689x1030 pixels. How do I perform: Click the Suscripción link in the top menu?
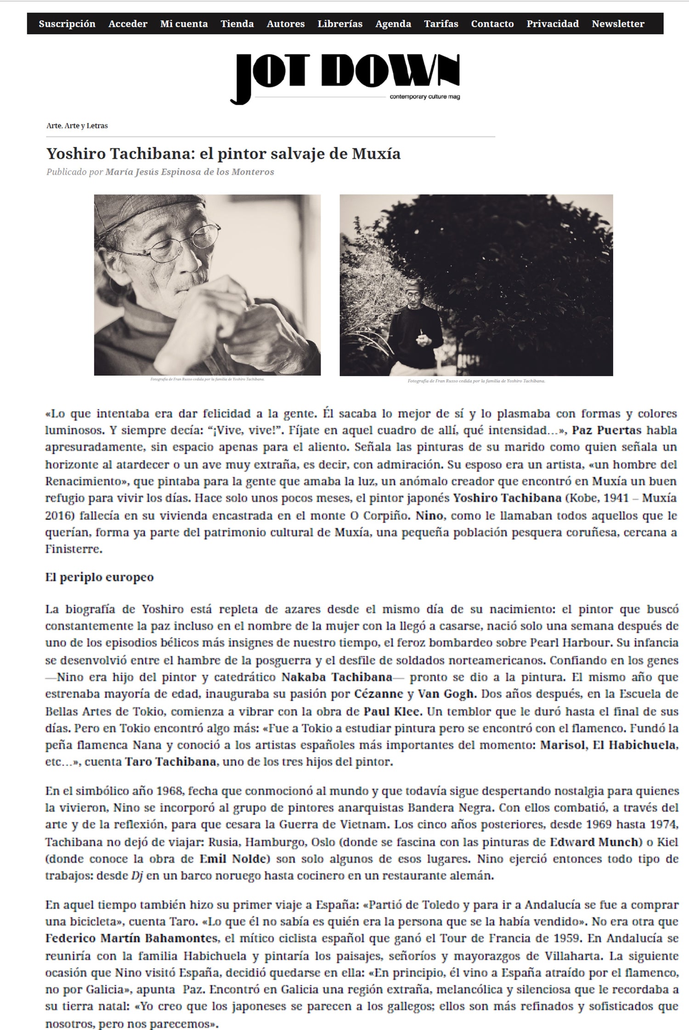[67, 24]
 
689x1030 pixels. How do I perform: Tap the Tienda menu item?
[237, 24]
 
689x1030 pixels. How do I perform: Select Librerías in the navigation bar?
[340, 24]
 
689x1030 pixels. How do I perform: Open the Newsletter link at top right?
[618, 24]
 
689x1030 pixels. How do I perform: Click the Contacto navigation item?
[492, 24]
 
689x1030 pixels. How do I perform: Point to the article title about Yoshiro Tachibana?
[223, 154]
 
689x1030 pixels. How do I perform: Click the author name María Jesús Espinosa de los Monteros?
[190, 172]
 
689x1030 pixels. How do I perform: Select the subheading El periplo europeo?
[99, 577]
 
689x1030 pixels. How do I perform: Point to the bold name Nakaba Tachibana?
[337, 677]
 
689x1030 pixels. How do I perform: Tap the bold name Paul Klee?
[392, 712]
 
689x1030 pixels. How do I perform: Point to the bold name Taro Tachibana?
[170, 762]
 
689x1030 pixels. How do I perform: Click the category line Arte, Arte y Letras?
[77, 126]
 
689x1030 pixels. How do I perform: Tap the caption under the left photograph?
[207, 379]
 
